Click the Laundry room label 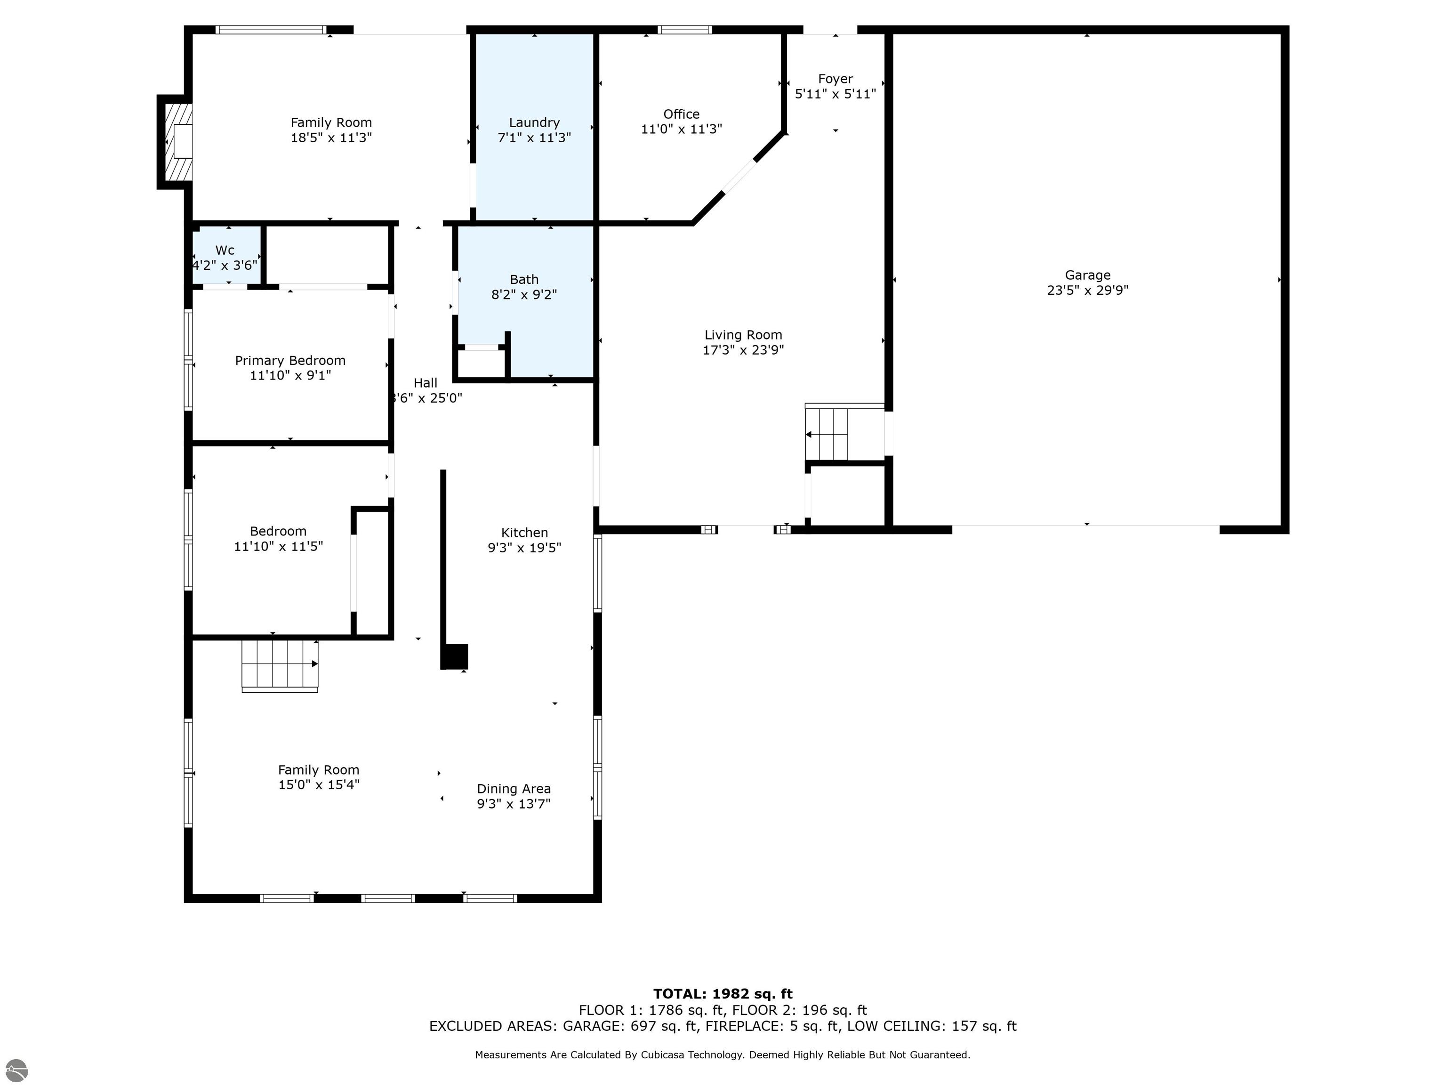(x=534, y=122)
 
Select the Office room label (x=681, y=114)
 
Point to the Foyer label (x=835, y=79)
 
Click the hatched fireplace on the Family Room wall (x=178, y=142)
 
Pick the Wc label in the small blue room (x=225, y=250)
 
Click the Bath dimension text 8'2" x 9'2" (x=524, y=294)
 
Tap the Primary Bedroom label (x=290, y=360)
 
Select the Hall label (x=426, y=382)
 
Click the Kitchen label (x=524, y=532)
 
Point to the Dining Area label (x=514, y=789)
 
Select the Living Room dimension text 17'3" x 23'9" (x=743, y=350)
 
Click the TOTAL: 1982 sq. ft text (x=723, y=994)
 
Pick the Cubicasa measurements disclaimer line (x=723, y=1054)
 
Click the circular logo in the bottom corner (x=17, y=1070)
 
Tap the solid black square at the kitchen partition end (x=454, y=656)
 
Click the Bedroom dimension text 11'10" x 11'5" (x=279, y=546)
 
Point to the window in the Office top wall (x=684, y=29)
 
